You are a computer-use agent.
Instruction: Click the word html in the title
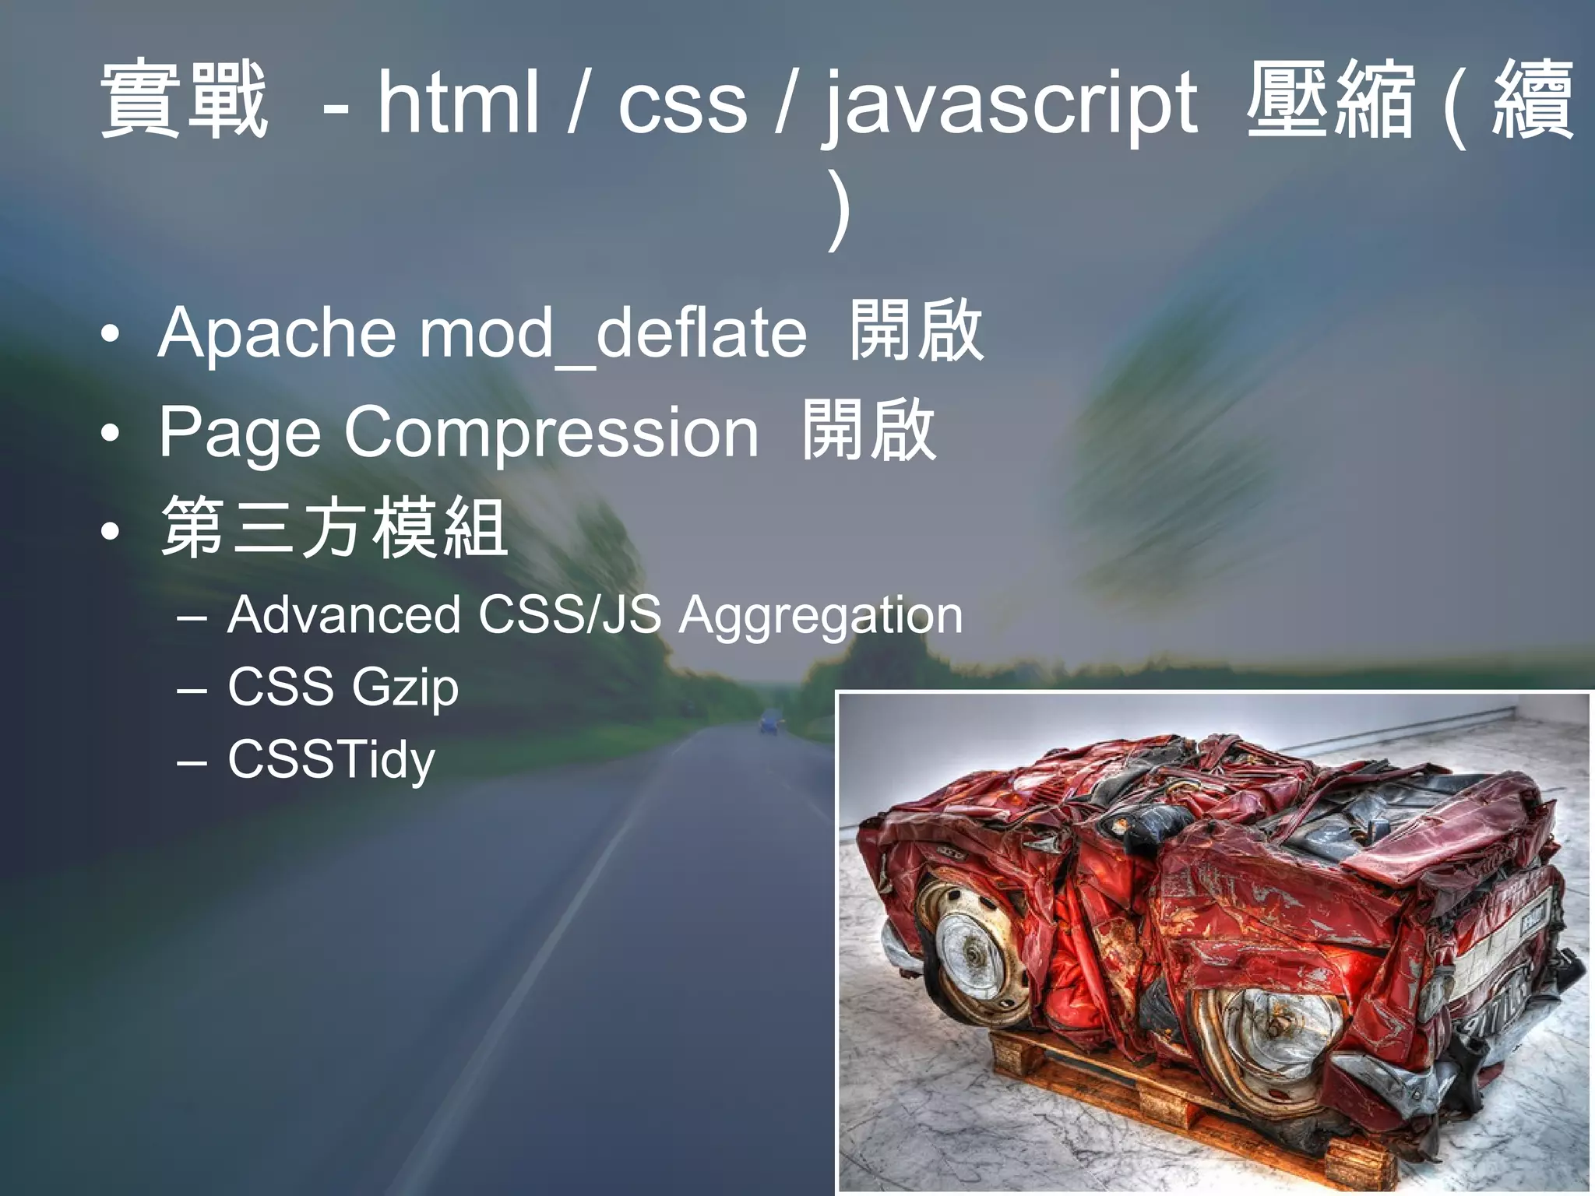coord(458,102)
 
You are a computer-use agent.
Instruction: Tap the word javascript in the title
coord(1010,105)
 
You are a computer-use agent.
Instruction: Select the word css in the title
coord(682,105)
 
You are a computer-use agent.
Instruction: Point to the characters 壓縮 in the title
coord(1329,100)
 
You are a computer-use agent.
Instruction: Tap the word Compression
coord(551,433)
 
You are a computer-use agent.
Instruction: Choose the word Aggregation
coord(821,617)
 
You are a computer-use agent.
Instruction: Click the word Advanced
coord(344,615)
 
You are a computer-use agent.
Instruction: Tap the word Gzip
coord(405,688)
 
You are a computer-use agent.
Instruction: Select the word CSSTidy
coord(331,760)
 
